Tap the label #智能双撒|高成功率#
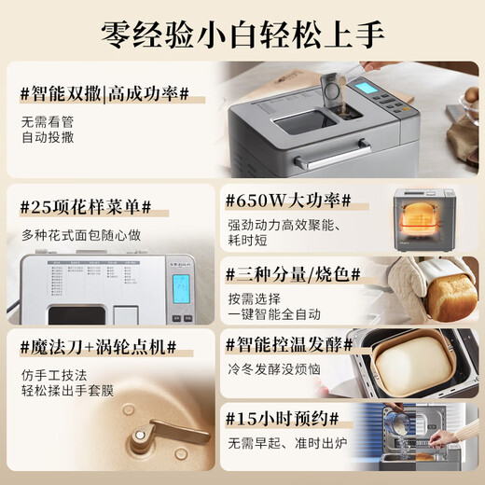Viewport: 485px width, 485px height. coord(104,93)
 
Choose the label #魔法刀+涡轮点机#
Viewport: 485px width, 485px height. coord(98,347)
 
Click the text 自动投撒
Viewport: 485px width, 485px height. coord(48,138)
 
